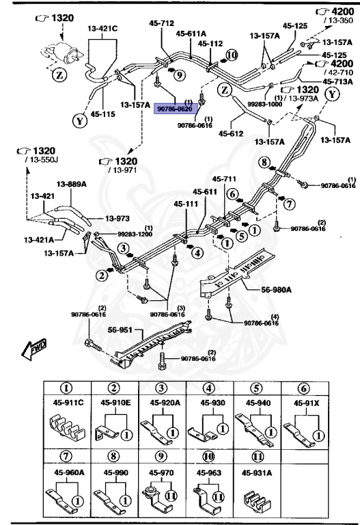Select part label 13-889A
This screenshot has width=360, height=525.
(x=70, y=184)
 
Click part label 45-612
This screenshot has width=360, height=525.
(x=231, y=133)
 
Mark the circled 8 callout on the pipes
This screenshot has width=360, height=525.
(x=263, y=162)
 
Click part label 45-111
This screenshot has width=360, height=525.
(x=186, y=204)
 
